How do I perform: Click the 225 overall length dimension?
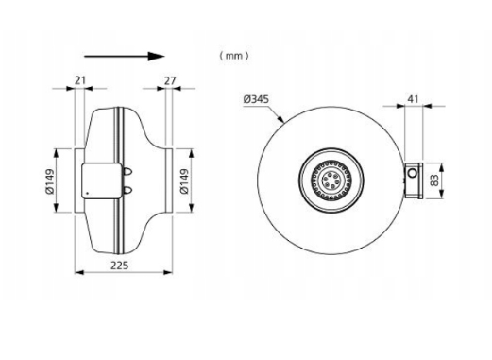click(x=120, y=266)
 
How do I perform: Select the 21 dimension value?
click(x=80, y=80)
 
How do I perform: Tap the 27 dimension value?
click(x=170, y=81)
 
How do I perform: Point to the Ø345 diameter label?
click(x=256, y=99)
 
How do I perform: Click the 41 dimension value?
click(x=413, y=99)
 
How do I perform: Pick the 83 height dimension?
click(x=434, y=180)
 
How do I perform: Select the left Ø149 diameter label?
click(x=49, y=181)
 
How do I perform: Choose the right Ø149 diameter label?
click(x=184, y=181)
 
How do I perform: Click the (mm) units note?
click(x=234, y=56)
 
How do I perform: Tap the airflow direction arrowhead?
click(x=157, y=57)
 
